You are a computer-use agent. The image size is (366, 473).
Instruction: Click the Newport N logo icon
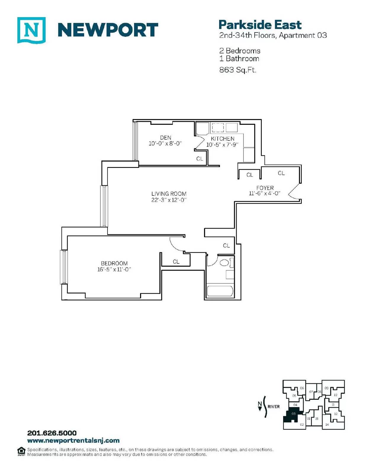31,30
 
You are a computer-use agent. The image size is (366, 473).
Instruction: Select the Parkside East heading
260,25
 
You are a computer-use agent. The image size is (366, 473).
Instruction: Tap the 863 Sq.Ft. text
237,70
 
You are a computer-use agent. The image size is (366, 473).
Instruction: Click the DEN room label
166,137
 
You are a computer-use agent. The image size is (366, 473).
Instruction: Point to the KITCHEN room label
222,139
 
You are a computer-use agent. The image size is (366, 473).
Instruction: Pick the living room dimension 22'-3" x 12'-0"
169,200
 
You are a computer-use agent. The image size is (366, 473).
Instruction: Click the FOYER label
265,188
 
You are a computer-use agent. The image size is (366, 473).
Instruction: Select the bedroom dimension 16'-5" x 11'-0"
114,270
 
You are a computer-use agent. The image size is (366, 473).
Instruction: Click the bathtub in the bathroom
220,291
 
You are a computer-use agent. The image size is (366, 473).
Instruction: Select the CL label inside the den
200,159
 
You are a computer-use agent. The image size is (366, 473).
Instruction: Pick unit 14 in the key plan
327,425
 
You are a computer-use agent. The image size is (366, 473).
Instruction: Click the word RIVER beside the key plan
274,406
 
